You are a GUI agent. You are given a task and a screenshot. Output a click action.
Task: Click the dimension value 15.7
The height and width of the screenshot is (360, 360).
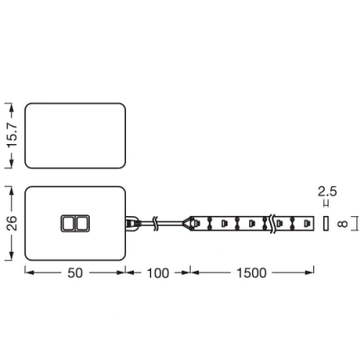pyautogui.click(x=12, y=135)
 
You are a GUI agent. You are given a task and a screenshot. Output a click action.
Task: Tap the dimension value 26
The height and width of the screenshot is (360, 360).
pyautogui.click(x=12, y=221)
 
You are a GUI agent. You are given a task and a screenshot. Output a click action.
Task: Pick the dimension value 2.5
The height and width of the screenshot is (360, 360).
pyautogui.click(x=328, y=192)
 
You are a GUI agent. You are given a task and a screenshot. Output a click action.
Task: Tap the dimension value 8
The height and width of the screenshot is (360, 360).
pyautogui.click(x=341, y=221)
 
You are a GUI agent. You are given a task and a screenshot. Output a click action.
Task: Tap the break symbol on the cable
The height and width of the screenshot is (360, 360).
pyautogui.click(x=158, y=221)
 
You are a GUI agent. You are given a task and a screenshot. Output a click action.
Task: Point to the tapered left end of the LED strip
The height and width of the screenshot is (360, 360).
pyautogui.click(x=192, y=221)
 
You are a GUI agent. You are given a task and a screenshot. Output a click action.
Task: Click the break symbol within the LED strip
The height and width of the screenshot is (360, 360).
pyautogui.click(x=268, y=221)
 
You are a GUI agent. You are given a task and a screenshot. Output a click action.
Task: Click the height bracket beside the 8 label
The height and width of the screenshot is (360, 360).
pyautogui.click(x=355, y=221)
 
